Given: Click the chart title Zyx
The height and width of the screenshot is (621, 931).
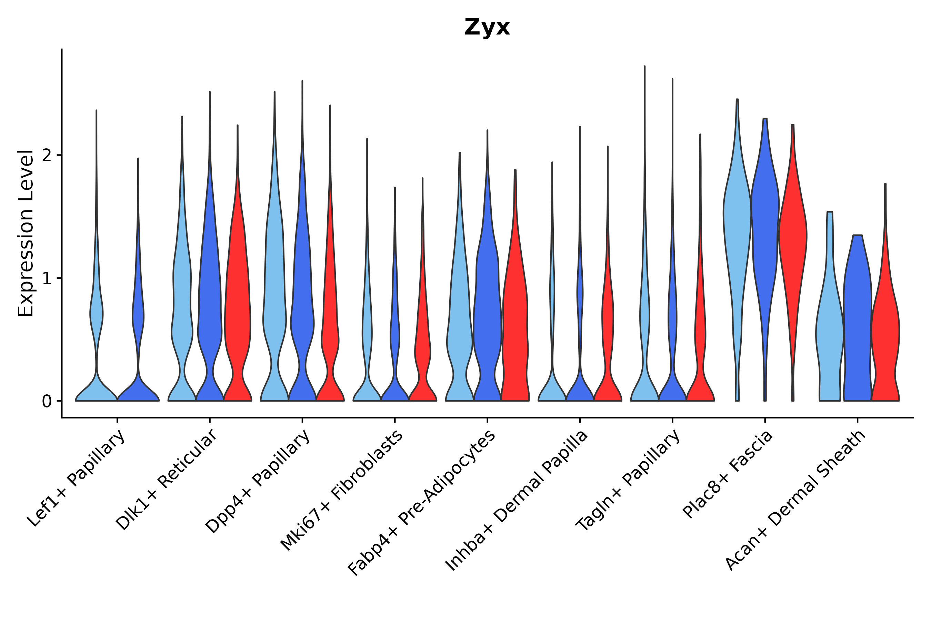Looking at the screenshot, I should click(x=487, y=27).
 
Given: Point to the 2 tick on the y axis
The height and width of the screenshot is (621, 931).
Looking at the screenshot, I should click(x=47, y=156).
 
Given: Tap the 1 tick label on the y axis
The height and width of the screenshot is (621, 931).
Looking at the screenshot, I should click(x=47, y=279).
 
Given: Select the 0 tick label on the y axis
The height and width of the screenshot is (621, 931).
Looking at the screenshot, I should click(x=47, y=402).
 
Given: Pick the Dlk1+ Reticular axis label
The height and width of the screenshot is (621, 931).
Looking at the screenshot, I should click(x=166, y=480).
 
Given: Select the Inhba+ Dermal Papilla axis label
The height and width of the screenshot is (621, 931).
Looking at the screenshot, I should click(x=516, y=501).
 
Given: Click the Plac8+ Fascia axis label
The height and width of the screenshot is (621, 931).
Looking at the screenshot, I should click(x=728, y=474).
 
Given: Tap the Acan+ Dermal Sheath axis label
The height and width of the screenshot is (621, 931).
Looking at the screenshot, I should click(x=795, y=501).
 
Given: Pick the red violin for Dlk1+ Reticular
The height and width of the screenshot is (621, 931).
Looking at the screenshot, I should click(x=238, y=297).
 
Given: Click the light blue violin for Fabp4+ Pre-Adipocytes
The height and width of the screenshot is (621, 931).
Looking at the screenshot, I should click(x=459, y=317).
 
